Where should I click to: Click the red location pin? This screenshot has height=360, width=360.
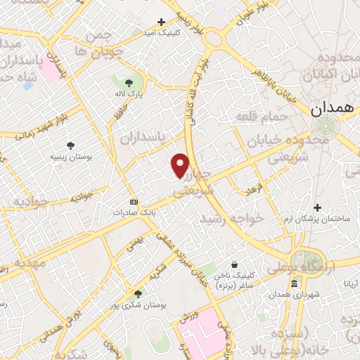coord(181,166)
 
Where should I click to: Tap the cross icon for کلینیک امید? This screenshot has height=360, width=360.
coord(162,22)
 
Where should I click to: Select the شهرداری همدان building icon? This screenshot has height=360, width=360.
coord(294,283)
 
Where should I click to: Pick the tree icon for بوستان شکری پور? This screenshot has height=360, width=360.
coord(137,295)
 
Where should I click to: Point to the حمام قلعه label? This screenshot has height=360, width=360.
coord(262,116)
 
